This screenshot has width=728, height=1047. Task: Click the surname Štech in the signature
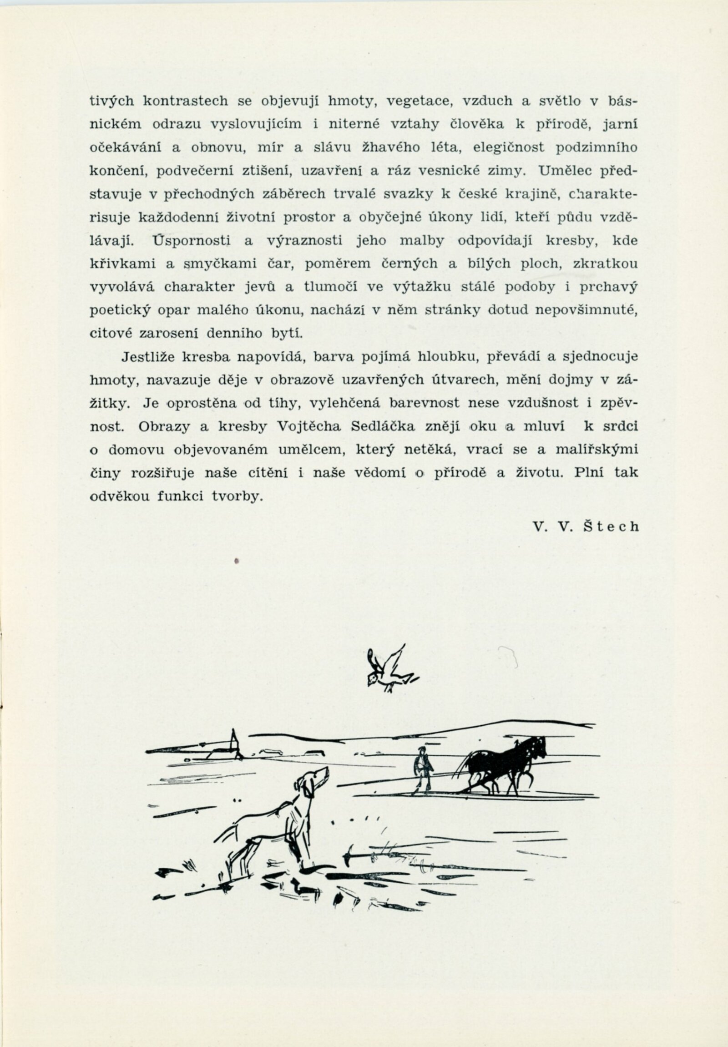click(x=612, y=527)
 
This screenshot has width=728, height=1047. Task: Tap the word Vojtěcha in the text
click(x=309, y=426)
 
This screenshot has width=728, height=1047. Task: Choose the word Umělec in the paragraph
click(x=565, y=171)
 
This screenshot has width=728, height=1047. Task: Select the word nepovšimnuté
click(x=586, y=310)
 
